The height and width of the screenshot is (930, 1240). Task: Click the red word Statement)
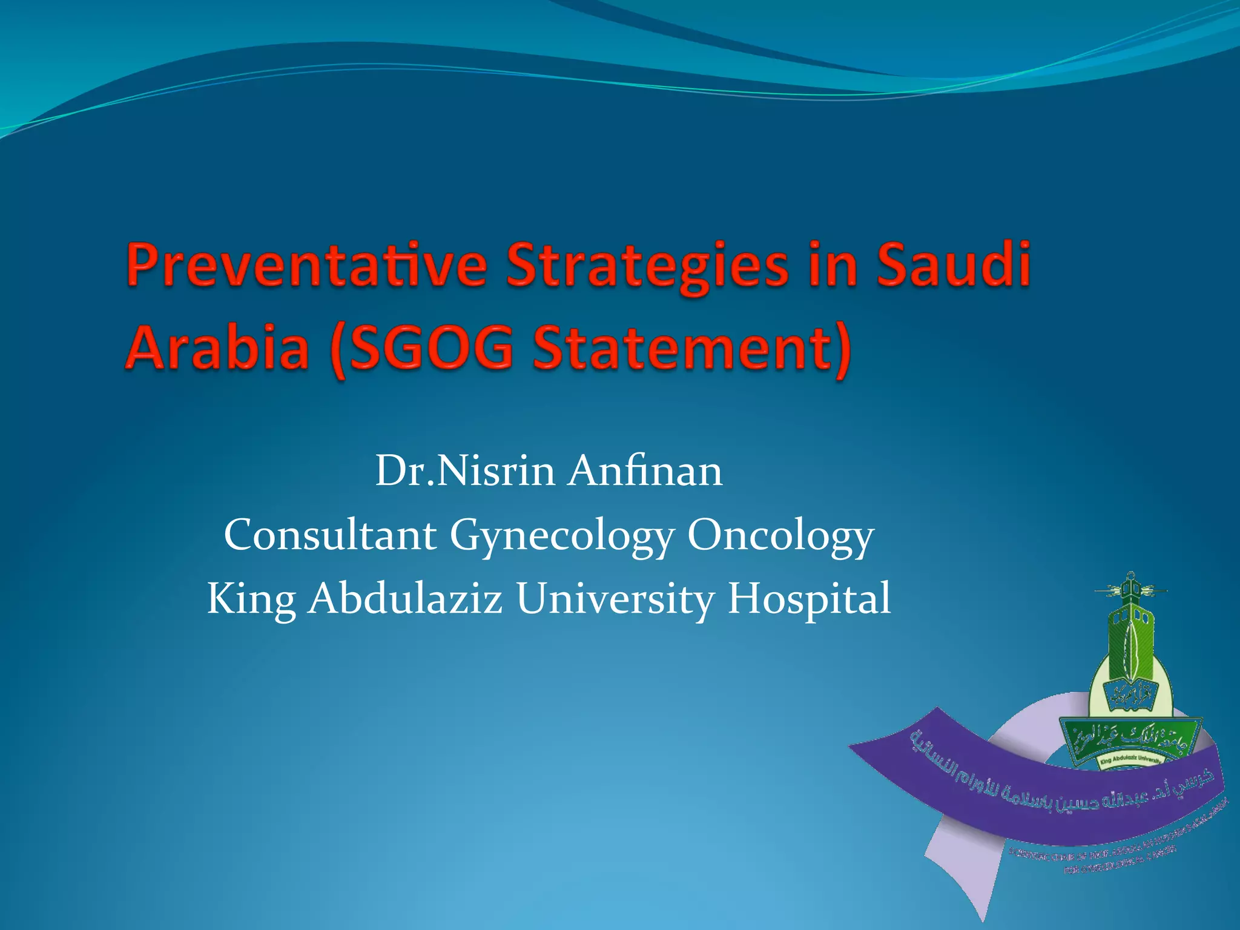pyautogui.click(x=692, y=349)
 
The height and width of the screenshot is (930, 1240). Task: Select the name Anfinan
pyautogui.click(x=645, y=472)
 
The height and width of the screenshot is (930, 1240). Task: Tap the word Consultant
pyautogui.click(x=330, y=535)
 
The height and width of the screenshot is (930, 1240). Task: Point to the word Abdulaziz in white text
pyautogui.click(x=405, y=598)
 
